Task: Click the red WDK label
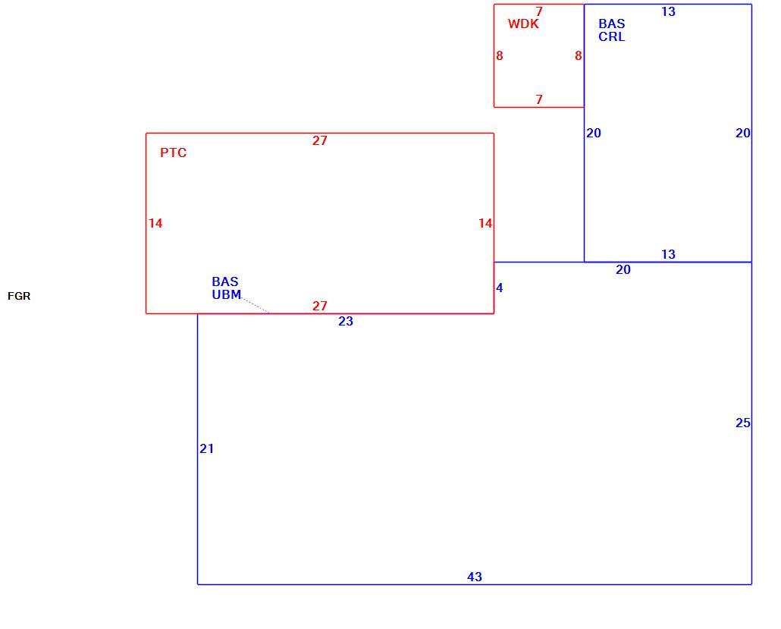[x=523, y=24]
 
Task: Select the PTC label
[x=174, y=153]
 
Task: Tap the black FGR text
[x=19, y=296]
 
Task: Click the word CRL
[x=612, y=37]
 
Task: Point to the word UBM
[x=227, y=294]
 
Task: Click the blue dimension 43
[x=475, y=577]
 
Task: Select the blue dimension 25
[x=742, y=423]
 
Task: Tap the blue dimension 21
[x=207, y=448]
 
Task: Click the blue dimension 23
[x=346, y=322]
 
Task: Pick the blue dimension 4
[x=500, y=288]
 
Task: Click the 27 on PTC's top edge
[x=320, y=140]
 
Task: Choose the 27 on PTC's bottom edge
[x=320, y=306]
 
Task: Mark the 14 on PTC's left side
[x=155, y=223]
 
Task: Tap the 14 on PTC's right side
[x=485, y=223]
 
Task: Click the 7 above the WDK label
[x=539, y=11]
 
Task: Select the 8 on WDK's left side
[x=500, y=56]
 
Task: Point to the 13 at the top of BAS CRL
[x=669, y=11]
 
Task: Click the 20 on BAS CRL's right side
[x=742, y=133]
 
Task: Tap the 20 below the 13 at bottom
[x=623, y=269]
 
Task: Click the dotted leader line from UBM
[x=256, y=306]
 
